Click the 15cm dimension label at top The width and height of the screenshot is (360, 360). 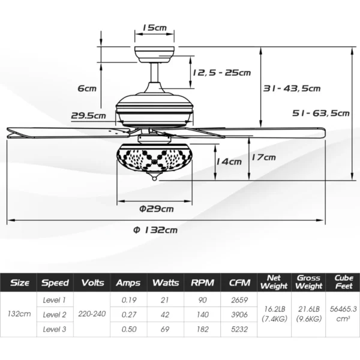click(x=155, y=28)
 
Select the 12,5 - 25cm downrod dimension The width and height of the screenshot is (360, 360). click(x=221, y=73)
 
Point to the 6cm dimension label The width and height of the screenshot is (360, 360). click(x=87, y=88)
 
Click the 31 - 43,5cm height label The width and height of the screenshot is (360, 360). click(x=292, y=88)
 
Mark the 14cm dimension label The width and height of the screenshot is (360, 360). click(x=229, y=161)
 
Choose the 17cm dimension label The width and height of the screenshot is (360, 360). click(x=263, y=157)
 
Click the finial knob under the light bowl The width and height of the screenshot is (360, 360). click(x=156, y=179)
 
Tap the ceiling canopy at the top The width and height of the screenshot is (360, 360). click(x=156, y=52)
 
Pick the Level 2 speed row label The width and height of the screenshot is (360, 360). click(x=55, y=314)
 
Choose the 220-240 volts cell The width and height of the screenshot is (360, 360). click(x=92, y=314)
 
